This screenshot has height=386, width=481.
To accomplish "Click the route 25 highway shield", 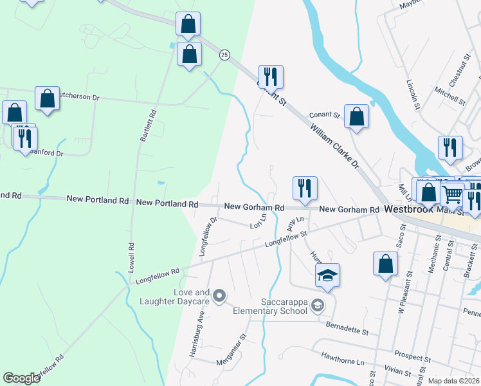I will tap(224, 55).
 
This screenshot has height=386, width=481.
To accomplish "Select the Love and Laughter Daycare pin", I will tap(219, 296).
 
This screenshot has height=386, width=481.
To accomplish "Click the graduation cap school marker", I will tap(327, 276).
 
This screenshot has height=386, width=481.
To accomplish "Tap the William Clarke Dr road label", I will tap(334, 147).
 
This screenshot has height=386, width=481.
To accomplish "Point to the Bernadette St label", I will tap(347, 329).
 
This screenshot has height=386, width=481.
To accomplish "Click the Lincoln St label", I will tap(412, 94).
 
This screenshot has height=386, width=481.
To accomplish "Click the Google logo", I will tap(21, 378).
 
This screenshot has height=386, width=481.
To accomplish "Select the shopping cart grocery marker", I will tap(453, 192).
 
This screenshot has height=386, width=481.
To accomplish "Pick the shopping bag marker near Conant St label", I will tap(356, 116).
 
